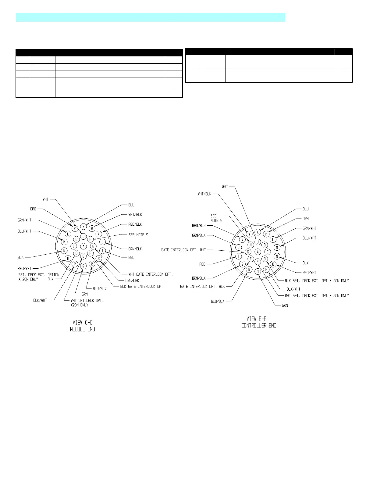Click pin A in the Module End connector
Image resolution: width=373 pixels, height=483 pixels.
click(x=83, y=246)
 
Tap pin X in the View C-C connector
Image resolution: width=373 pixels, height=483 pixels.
click(x=83, y=227)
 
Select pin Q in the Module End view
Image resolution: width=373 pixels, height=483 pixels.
click(x=83, y=266)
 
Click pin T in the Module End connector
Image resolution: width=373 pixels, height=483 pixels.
click(x=103, y=251)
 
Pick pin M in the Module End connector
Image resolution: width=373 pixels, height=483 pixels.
click(x=64, y=242)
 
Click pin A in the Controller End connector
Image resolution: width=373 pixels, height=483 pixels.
click(x=258, y=252)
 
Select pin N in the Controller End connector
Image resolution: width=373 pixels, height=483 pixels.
click(x=277, y=256)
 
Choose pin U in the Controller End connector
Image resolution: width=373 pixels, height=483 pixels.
click(x=239, y=247)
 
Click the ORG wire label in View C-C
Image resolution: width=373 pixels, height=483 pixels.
click(x=33, y=209)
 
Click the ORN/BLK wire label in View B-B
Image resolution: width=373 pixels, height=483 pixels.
click(x=198, y=278)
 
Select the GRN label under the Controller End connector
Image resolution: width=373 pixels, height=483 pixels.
click(x=285, y=305)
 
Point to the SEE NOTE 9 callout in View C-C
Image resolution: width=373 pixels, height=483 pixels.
click(x=138, y=235)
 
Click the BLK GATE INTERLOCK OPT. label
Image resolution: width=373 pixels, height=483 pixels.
click(x=142, y=286)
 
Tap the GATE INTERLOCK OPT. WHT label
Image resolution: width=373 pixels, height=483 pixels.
click(x=183, y=250)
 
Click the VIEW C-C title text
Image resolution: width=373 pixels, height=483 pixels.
click(x=82, y=323)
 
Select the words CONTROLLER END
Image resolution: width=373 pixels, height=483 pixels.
click(x=259, y=326)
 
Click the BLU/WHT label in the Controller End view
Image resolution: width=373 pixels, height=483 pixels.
click(x=309, y=238)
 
